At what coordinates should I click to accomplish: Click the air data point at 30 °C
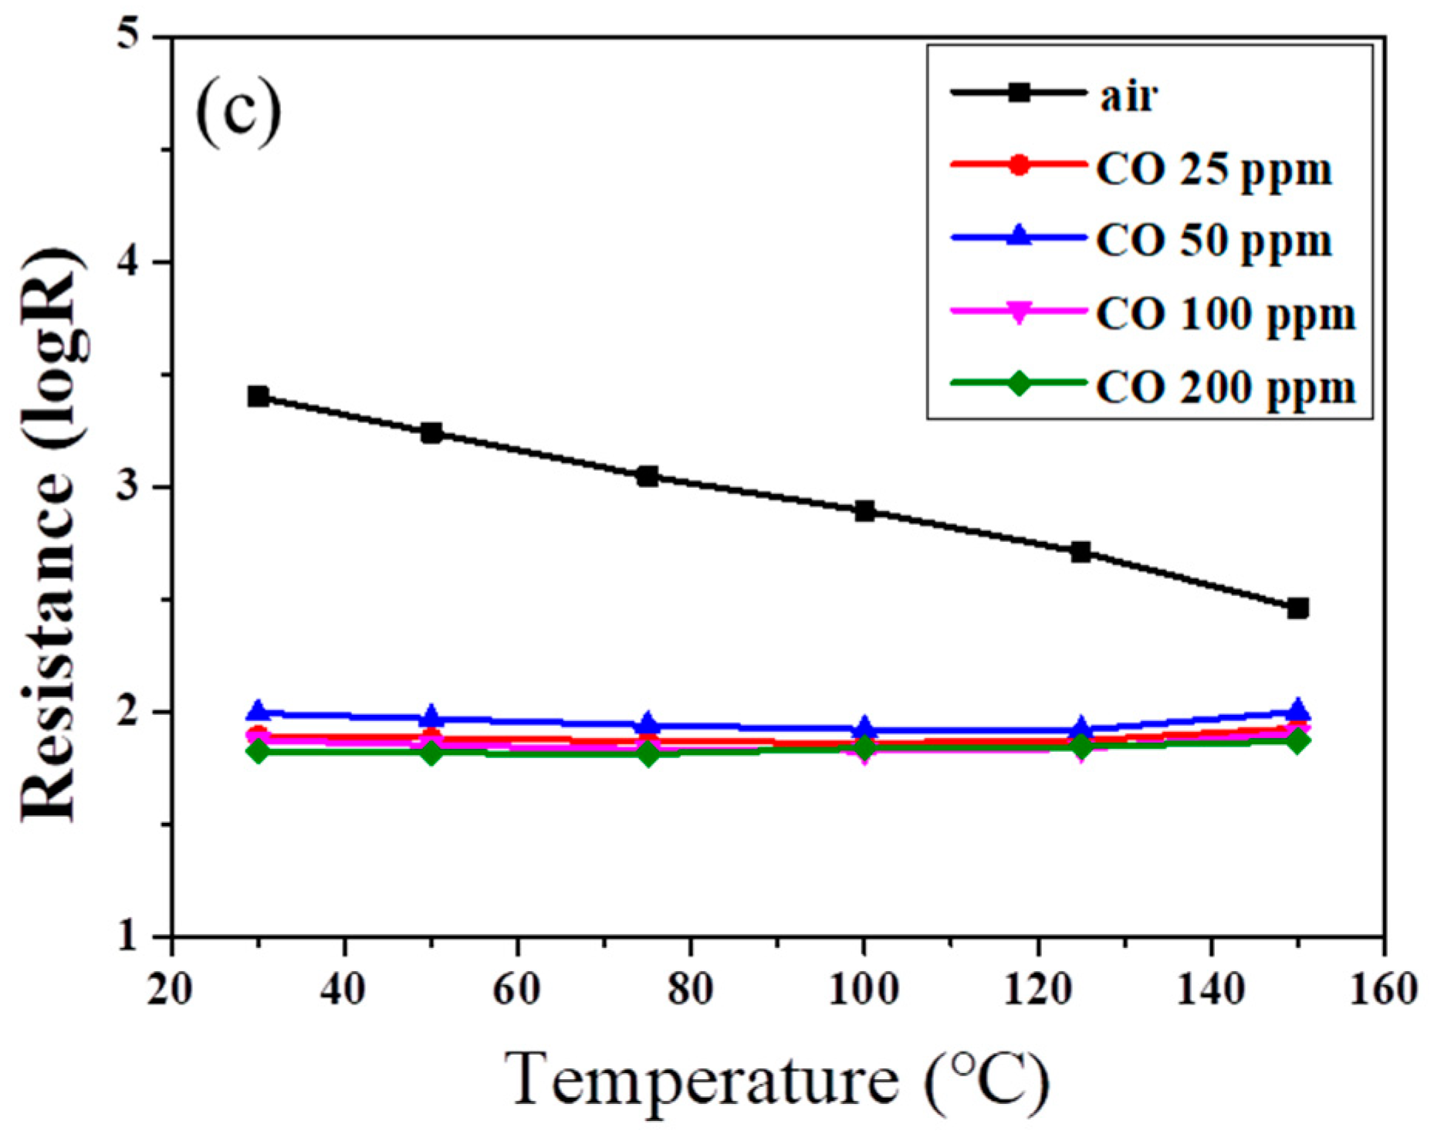(x=258, y=397)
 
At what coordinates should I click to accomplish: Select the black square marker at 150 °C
(x=1297, y=608)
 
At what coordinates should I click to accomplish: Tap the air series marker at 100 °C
(x=864, y=511)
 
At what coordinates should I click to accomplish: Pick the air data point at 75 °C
(x=648, y=476)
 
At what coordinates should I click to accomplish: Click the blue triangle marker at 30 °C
(x=258, y=712)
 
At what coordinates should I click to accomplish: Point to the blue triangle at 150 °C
(x=1297, y=709)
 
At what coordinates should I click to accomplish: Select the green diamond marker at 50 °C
(x=431, y=752)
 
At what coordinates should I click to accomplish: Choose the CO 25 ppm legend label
(x=1213, y=168)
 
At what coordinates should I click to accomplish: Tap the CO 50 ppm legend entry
(x=1213, y=240)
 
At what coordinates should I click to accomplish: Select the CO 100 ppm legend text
(x=1225, y=313)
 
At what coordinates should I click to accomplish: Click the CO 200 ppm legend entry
(x=1225, y=386)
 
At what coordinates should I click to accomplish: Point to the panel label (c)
(x=238, y=112)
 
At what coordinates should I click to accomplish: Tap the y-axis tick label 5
(x=131, y=37)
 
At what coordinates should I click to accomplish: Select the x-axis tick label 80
(x=690, y=989)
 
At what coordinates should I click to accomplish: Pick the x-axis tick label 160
(x=1382, y=989)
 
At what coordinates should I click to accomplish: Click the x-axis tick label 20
(x=171, y=989)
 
